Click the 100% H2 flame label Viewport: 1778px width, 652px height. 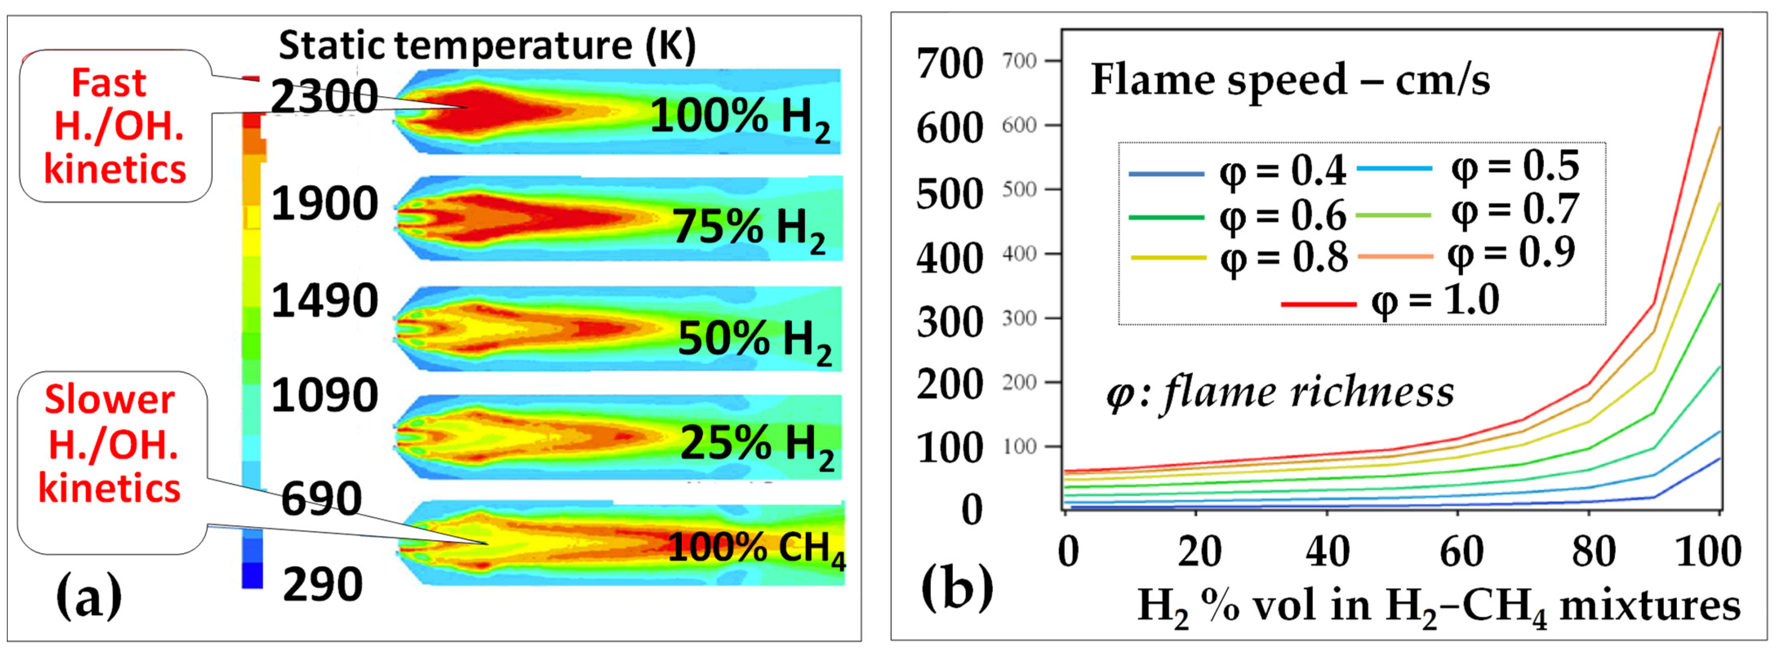[740, 117]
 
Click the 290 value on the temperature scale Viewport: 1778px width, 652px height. [322, 585]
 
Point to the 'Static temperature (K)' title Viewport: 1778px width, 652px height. [487, 46]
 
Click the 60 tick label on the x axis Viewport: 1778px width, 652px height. [1461, 552]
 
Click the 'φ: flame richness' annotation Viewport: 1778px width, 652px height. [1280, 393]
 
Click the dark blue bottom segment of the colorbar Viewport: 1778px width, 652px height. [252, 575]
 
